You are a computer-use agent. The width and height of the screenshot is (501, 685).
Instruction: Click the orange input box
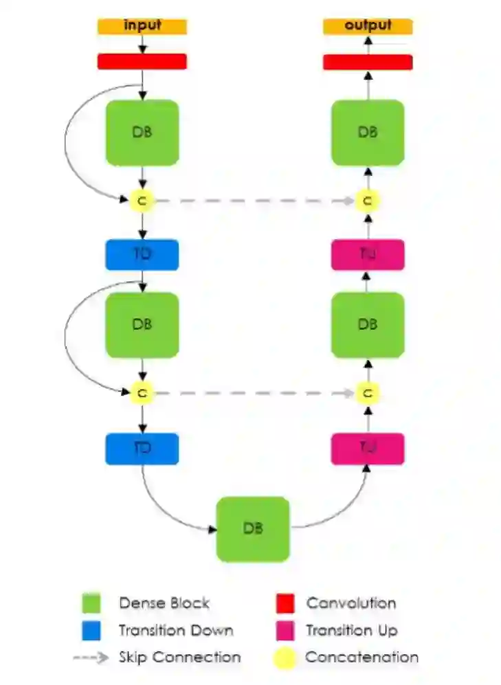(142, 26)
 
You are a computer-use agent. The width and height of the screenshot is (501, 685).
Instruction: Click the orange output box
(368, 26)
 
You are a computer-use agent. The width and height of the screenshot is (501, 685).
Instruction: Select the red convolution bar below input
(142, 61)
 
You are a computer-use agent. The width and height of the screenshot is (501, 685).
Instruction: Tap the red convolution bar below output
(368, 62)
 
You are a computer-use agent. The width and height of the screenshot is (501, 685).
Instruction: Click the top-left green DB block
(142, 133)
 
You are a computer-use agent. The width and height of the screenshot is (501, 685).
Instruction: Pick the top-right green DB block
(368, 133)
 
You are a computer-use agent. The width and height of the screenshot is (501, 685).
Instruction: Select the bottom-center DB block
(253, 529)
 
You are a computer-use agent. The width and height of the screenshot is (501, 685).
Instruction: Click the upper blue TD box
(142, 255)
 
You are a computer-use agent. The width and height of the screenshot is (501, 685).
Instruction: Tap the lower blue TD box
(142, 449)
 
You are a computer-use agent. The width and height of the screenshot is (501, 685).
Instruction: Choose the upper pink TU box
(368, 255)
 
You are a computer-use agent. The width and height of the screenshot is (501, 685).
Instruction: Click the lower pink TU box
(368, 449)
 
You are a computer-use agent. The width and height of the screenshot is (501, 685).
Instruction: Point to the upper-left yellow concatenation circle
(142, 201)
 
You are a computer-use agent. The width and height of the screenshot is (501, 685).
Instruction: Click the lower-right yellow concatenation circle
(368, 394)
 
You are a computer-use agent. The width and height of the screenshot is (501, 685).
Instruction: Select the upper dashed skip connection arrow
(254, 201)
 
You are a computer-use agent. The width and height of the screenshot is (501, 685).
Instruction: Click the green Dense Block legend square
(91, 603)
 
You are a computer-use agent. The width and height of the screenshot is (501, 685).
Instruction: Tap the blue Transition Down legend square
(91, 630)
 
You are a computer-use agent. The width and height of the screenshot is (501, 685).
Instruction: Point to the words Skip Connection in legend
(179, 657)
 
